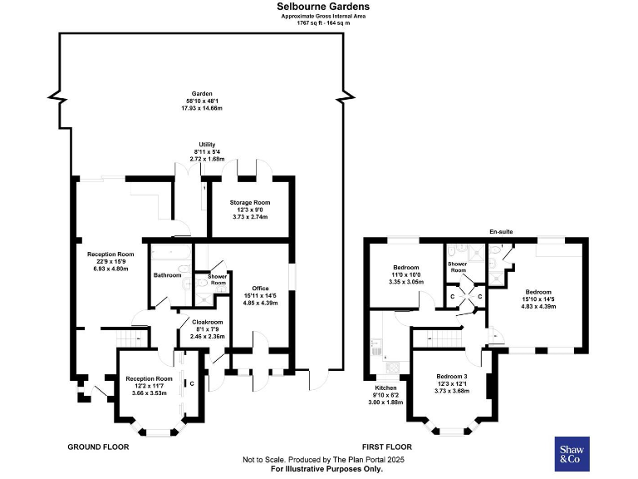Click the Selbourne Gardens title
click(323, 7)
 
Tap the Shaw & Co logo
click(572, 453)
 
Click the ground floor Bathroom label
click(167, 275)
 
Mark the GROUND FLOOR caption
click(98, 447)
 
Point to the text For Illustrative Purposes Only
click(323, 470)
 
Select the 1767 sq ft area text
click(323, 22)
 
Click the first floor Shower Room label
click(458, 267)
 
